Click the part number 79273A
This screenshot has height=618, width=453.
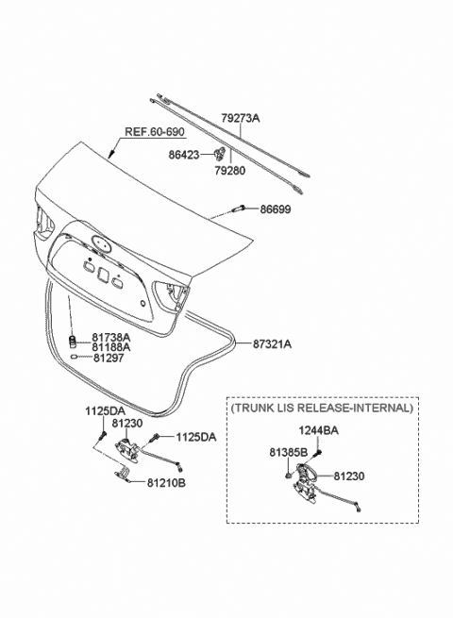(x=240, y=117)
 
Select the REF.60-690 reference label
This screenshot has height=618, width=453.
(x=155, y=132)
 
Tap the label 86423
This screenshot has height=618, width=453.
(x=184, y=155)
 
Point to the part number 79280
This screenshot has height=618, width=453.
(x=230, y=170)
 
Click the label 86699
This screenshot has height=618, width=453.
(x=276, y=209)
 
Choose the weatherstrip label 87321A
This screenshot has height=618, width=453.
(x=273, y=344)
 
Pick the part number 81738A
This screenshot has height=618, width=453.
(x=111, y=338)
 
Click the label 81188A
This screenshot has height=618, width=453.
(x=111, y=347)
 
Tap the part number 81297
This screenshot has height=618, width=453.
(x=109, y=358)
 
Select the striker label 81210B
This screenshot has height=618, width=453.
(x=166, y=482)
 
